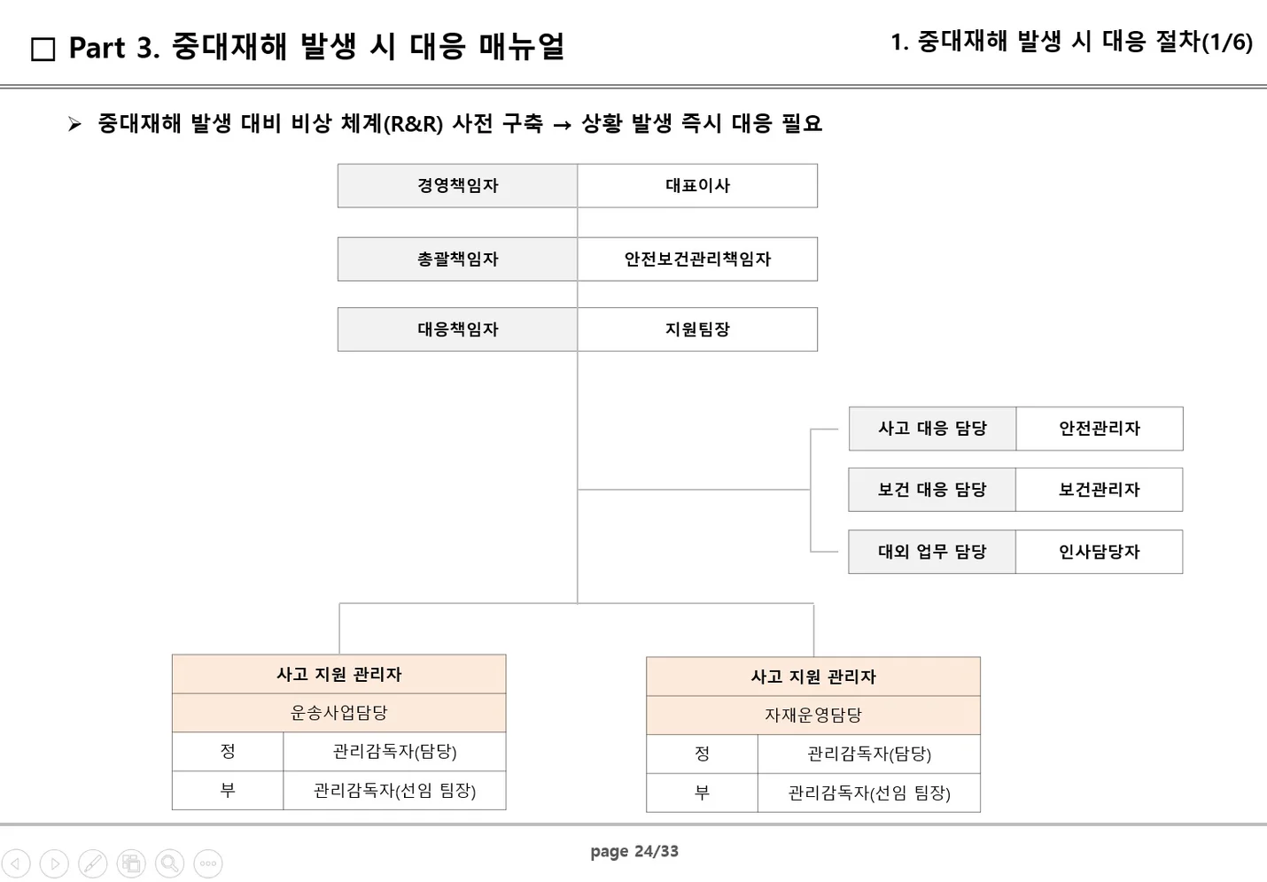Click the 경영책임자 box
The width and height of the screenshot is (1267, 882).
click(457, 186)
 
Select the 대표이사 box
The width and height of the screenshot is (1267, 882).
click(697, 186)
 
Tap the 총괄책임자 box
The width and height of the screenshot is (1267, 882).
click(457, 259)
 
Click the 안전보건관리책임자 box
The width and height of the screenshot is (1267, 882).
click(697, 259)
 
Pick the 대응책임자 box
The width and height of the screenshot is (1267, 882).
click(457, 329)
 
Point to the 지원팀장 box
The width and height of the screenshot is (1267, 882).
click(697, 329)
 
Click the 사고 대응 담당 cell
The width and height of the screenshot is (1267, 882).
click(932, 429)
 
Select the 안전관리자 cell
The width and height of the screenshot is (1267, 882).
click(1099, 429)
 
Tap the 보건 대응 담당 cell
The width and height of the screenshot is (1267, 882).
click(932, 490)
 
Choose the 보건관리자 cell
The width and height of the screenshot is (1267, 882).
click(1099, 490)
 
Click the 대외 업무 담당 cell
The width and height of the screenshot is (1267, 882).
click(932, 552)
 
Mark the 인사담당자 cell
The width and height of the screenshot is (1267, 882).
click(1099, 552)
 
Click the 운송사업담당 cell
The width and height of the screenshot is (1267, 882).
click(338, 713)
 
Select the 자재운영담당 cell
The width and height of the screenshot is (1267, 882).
click(812, 716)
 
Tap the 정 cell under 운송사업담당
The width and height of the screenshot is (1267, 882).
click(228, 752)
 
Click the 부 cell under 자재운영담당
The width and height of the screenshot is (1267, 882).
click(702, 793)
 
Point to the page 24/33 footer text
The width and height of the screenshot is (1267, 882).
click(634, 852)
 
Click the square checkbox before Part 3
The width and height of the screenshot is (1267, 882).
click(43, 50)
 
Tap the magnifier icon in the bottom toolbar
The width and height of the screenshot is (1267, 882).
click(169, 863)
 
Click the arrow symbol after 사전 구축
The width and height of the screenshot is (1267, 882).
click(562, 126)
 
